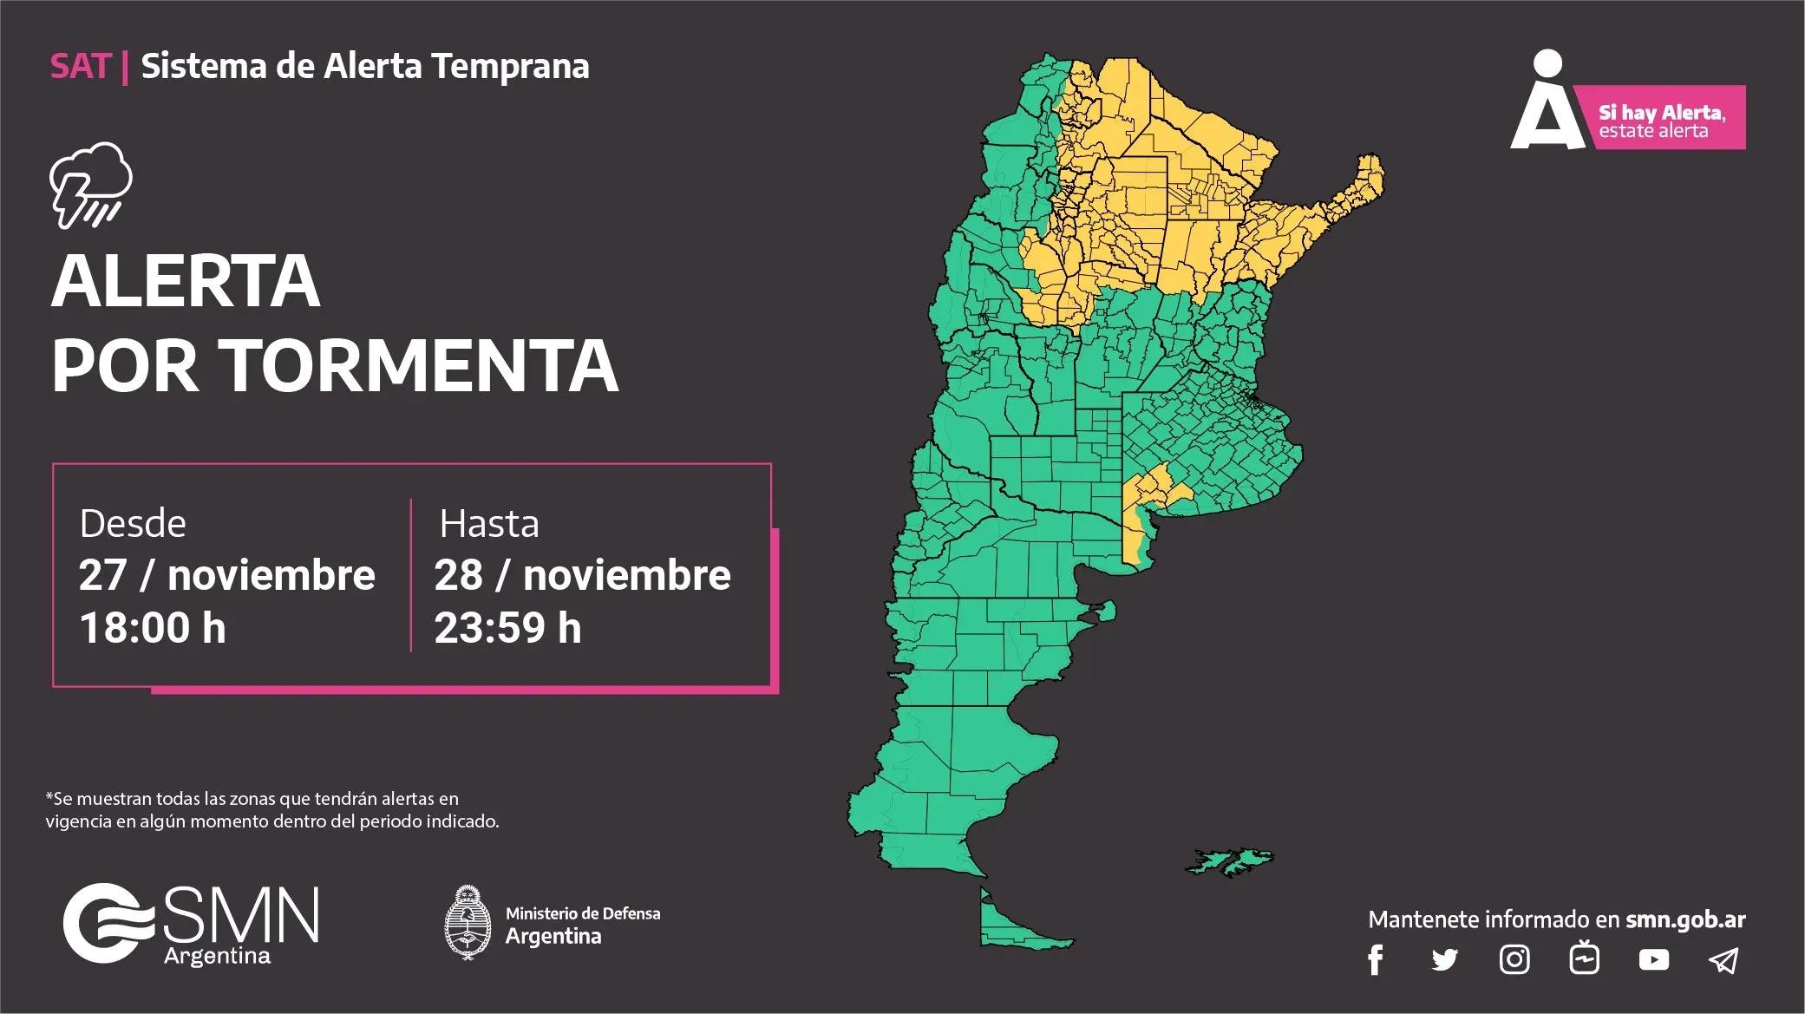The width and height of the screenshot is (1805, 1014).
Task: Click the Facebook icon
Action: click(1375, 960)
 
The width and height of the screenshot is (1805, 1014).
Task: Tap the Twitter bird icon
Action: click(1444, 959)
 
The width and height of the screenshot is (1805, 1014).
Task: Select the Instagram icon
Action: click(1514, 959)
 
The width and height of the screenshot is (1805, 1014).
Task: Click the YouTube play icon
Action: click(1653, 959)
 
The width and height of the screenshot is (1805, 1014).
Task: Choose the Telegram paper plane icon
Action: click(1723, 959)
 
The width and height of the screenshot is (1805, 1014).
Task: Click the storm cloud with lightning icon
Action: click(90, 184)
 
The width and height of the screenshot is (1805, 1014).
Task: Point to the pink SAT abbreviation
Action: click(81, 66)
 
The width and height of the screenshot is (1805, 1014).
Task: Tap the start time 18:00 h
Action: click(153, 627)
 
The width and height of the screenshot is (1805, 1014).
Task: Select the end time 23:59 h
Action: click(507, 627)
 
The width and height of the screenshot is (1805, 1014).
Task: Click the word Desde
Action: click(133, 524)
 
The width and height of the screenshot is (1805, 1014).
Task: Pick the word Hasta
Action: click(489, 524)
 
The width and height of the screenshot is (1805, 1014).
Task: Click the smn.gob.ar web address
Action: click(1685, 919)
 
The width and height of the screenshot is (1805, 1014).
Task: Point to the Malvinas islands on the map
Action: click(1230, 861)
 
